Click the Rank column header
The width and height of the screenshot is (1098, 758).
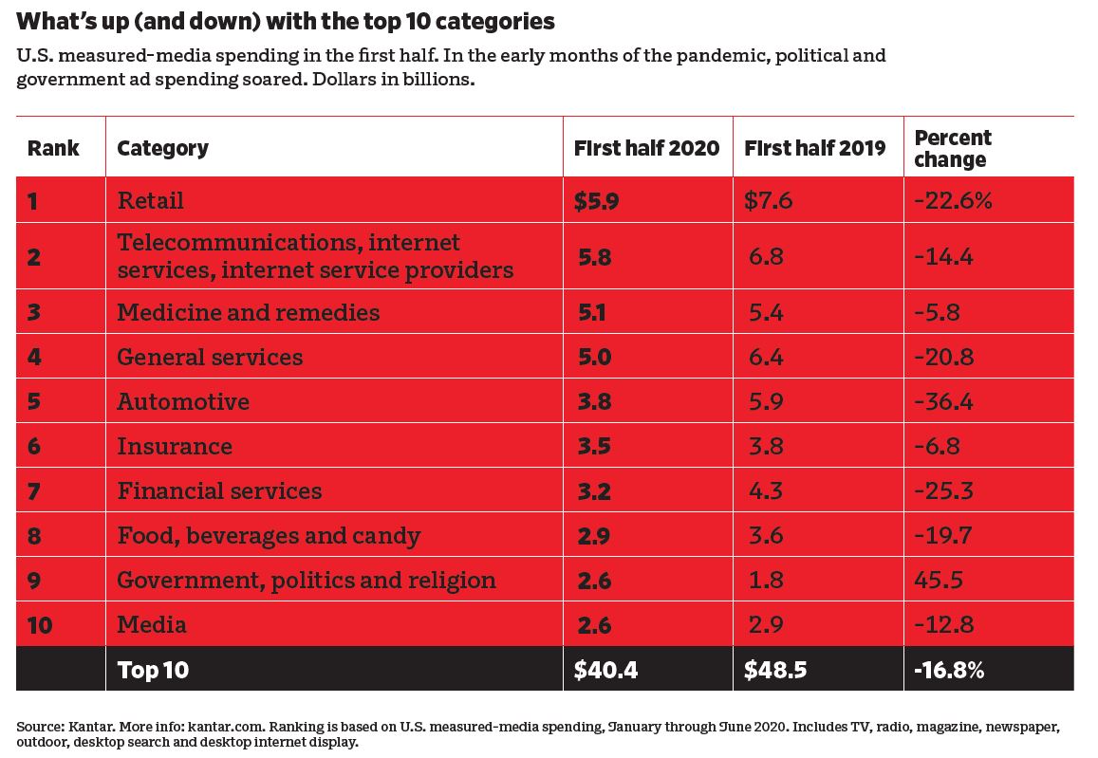tap(53, 148)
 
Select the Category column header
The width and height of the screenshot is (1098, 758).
tap(162, 148)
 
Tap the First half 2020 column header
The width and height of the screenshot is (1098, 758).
tap(646, 148)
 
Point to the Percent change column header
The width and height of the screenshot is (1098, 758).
tap(952, 148)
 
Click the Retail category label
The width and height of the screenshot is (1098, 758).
tap(150, 200)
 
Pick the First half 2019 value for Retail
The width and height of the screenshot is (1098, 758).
tap(768, 200)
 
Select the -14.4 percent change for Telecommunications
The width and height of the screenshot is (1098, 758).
tap(944, 256)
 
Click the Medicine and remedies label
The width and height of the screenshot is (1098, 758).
tap(248, 312)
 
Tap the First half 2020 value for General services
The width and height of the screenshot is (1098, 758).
tap(593, 357)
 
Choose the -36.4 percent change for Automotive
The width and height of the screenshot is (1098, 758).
tap(944, 401)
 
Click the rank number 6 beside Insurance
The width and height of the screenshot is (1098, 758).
tap(34, 446)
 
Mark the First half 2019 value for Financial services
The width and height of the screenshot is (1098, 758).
tap(765, 490)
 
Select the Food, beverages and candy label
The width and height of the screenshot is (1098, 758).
tap(269, 535)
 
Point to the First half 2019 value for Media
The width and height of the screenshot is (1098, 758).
tap(765, 624)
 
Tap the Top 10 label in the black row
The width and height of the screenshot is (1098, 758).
tap(153, 670)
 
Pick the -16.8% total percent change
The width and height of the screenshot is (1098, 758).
tap(949, 670)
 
